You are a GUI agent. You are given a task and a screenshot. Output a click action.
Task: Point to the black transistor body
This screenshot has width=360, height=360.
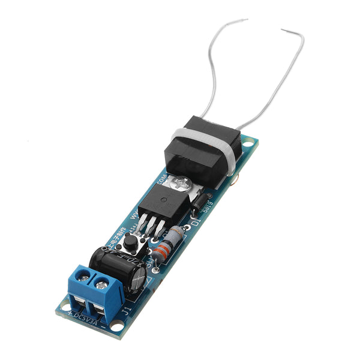(163, 207)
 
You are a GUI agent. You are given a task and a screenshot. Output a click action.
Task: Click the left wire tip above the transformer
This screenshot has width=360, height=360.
(246, 20)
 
